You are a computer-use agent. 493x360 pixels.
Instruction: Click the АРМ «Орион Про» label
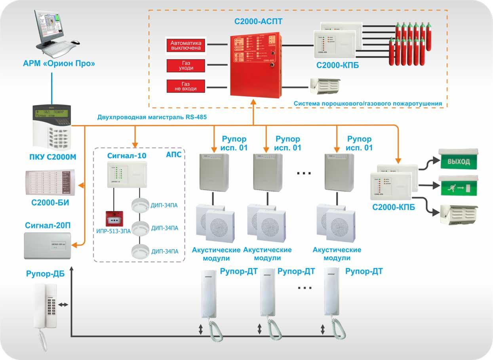coord(59,63)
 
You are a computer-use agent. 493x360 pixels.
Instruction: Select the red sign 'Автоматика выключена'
coord(186,45)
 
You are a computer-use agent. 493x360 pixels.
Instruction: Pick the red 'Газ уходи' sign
coord(186,66)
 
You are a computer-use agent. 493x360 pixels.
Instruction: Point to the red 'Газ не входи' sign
coord(186,86)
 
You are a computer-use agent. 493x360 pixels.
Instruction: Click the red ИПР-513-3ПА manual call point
coord(113,219)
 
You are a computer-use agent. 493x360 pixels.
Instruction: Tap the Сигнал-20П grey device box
coord(48,246)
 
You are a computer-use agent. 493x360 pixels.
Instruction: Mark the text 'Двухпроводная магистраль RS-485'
coord(152,117)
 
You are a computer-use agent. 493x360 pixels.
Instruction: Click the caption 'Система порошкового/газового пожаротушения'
coord(368,104)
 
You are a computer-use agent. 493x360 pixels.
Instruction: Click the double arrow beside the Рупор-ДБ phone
coord(63,305)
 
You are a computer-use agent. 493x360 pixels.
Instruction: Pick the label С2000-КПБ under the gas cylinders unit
coord(337,66)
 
